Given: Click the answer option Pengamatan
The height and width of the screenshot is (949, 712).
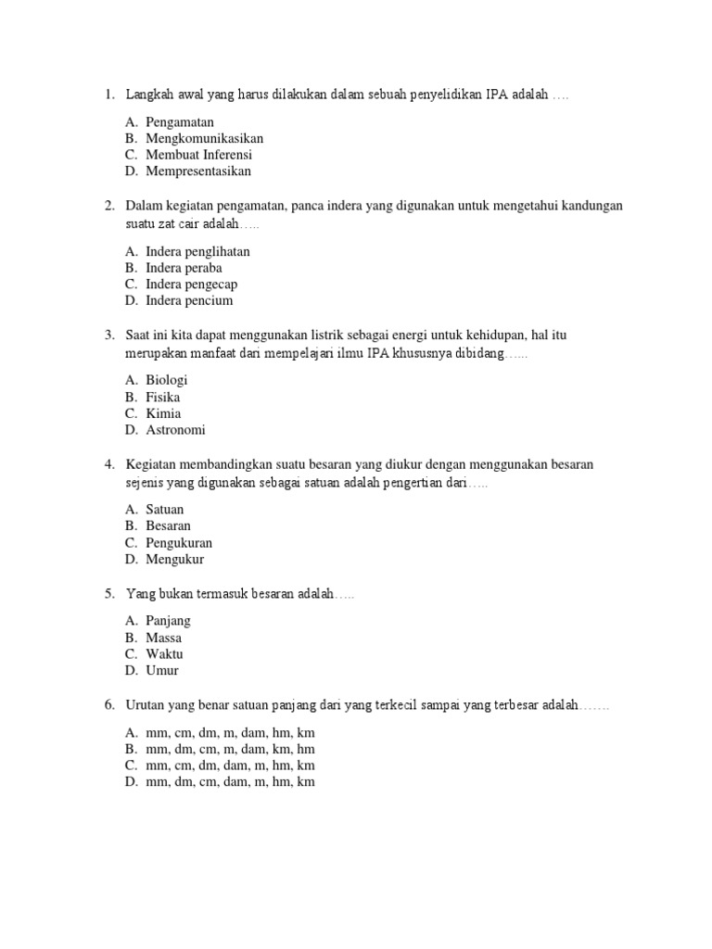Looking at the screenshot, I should tap(180, 121).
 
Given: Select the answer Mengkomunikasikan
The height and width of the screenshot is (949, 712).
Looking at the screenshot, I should tap(204, 138).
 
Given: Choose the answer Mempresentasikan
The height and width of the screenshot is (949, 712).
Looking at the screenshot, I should tap(198, 171).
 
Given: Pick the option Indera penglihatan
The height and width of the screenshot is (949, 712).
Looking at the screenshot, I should tap(197, 251).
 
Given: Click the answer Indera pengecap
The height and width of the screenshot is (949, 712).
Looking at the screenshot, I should tap(191, 285).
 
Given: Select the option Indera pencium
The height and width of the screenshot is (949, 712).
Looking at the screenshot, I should tap(189, 300).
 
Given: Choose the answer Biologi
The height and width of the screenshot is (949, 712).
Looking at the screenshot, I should tap(167, 380).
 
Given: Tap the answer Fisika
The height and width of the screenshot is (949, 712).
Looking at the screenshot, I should tap(163, 397).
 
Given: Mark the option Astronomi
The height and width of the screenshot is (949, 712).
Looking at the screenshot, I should tap(176, 430).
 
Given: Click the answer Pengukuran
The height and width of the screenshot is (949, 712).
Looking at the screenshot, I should tap(179, 542).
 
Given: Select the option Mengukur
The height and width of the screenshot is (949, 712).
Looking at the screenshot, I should tap(174, 559).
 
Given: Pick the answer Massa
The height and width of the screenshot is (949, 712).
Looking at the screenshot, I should tap(164, 638).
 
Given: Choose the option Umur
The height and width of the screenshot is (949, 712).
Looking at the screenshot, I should tap(162, 670).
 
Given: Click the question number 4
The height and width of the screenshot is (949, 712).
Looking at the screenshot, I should tap(108, 463).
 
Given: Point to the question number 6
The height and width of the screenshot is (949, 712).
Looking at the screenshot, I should tap(108, 705).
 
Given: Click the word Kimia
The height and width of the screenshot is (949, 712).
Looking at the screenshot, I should tap(164, 413).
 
